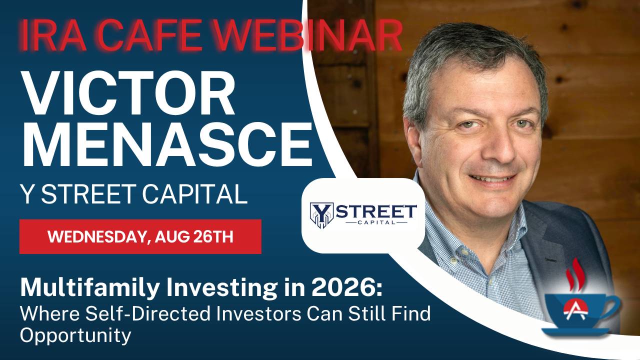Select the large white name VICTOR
(x=129, y=93)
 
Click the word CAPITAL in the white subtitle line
(x=194, y=194)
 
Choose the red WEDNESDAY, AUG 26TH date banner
(x=140, y=236)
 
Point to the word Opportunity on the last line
(x=75, y=335)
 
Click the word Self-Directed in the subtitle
(x=148, y=313)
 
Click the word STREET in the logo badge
(x=376, y=211)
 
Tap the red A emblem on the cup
(x=575, y=309)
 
